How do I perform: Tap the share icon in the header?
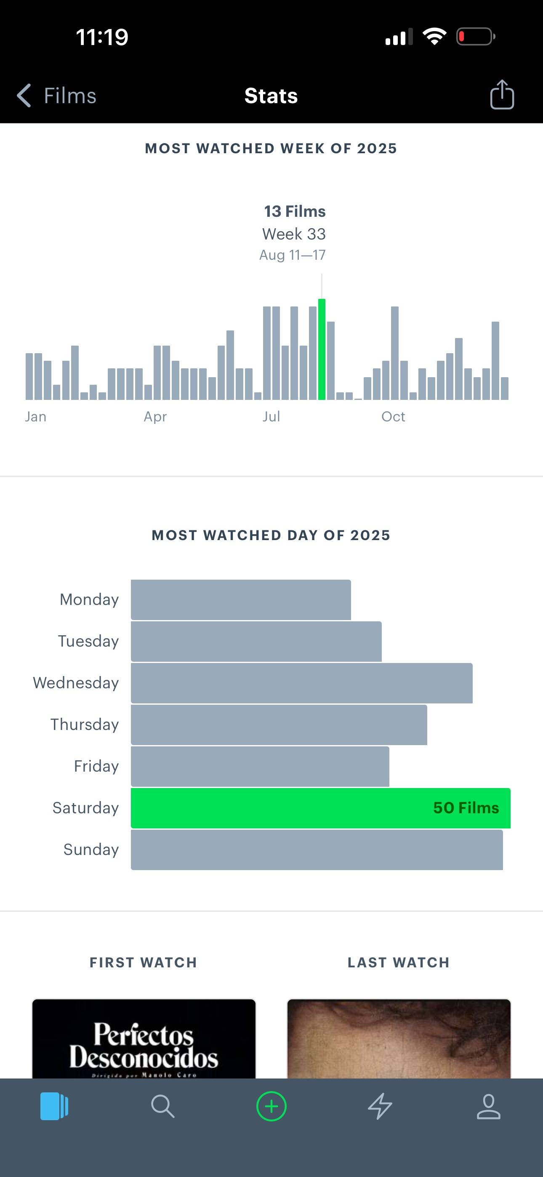tap(502, 95)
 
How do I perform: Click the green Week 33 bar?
tap(322, 349)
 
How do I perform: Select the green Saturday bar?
tap(320, 808)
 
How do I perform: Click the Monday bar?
tap(241, 599)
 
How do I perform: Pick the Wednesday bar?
tap(302, 683)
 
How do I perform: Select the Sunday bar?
tap(317, 849)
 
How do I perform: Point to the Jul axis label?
tap(271, 416)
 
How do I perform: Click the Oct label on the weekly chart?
tap(393, 416)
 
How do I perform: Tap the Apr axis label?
tap(155, 417)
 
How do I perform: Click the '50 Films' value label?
tap(466, 807)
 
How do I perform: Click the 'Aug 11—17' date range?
tap(293, 255)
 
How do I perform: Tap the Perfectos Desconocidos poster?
tap(144, 1039)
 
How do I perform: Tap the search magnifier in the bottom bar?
tap(163, 1106)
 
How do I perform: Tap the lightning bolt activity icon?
tap(380, 1106)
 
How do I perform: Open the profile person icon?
tap(489, 1106)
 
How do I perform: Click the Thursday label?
tap(85, 724)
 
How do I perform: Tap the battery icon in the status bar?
tap(476, 37)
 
